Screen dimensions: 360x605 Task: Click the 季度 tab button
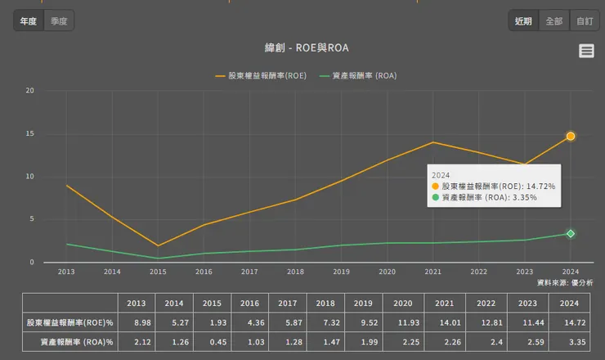pos(59,20)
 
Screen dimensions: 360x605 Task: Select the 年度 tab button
pos(29,20)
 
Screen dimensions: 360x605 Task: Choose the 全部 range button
pos(553,20)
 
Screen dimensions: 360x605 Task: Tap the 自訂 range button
pos(584,20)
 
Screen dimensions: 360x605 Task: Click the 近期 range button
pos(523,20)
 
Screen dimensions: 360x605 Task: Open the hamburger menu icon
pos(586,51)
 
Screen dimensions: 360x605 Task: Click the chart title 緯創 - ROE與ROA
pos(302,48)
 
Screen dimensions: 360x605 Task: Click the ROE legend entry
pos(262,76)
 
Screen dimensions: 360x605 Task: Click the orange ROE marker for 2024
pos(571,136)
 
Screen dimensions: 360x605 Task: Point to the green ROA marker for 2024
pos(571,234)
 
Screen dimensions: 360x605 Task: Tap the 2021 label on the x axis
pos(432,272)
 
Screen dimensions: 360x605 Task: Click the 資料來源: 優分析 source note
pos(565,282)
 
